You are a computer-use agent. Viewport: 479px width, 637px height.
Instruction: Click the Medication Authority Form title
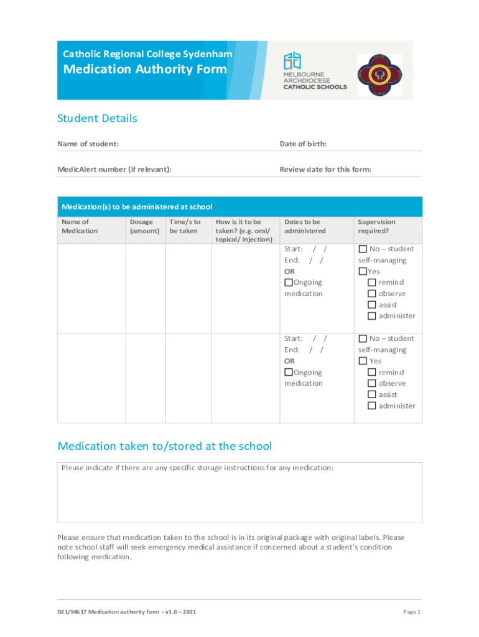(x=145, y=70)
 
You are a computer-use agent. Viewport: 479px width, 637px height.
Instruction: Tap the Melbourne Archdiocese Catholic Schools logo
(x=314, y=70)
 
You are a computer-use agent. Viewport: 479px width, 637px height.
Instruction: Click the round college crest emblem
(x=379, y=75)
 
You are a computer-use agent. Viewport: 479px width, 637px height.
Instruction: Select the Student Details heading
(x=97, y=118)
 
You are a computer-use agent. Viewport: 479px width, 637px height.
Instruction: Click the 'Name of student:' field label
(x=88, y=144)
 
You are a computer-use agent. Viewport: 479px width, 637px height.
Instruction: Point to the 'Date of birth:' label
(x=303, y=144)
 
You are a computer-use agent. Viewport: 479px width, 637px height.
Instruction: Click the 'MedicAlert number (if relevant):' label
(x=114, y=169)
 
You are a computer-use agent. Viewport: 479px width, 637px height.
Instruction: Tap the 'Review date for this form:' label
(x=325, y=169)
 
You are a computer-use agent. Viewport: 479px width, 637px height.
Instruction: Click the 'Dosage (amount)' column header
(x=144, y=226)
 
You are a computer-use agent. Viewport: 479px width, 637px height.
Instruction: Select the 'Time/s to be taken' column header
(x=185, y=226)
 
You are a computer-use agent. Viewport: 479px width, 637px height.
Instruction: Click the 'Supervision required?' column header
(x=376, y=226)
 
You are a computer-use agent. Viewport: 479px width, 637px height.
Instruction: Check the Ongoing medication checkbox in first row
(x=289, y=282)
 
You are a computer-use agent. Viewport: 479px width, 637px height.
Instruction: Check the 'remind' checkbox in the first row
(x=372, y=282)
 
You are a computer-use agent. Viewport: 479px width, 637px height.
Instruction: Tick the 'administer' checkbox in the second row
(x=372, y=406)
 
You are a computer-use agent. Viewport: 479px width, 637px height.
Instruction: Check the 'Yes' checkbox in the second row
(x=363, y=361)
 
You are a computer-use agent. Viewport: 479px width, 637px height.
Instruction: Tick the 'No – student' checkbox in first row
(x=363, y=249)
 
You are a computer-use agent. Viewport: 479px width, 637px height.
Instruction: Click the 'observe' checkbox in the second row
(x=372, y=383)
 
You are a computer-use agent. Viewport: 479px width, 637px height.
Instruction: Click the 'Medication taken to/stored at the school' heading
(x=164, y=446)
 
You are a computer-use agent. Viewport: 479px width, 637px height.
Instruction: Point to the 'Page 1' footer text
(x=412, y=612)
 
